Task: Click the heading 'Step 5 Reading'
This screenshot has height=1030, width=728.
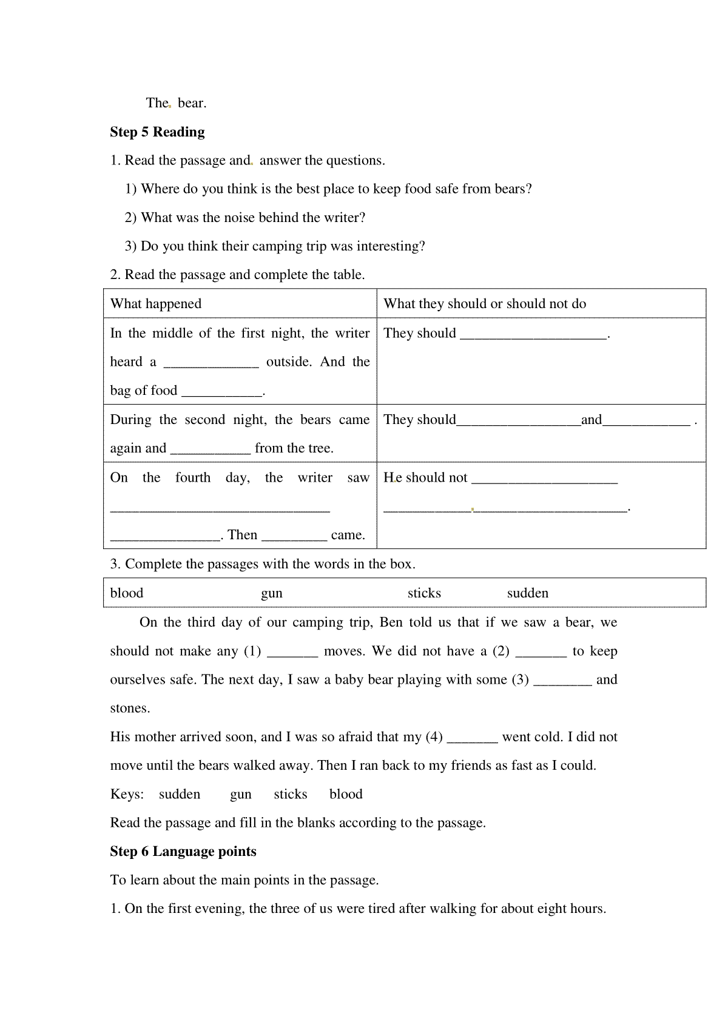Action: point(157,132)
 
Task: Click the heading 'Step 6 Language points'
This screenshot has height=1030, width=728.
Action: point(183,852)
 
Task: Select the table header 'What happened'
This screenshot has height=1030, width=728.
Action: point(156,304)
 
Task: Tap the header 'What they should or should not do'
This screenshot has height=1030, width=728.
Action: point(485,304)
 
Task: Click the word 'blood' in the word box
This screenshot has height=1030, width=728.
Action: point(127,593)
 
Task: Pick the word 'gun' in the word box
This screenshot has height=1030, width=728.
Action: point(272,593)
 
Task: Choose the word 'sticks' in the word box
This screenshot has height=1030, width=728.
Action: point(424,593)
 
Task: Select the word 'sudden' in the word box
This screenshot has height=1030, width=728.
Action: point(528,593)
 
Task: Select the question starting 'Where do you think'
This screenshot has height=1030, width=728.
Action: point(328,189)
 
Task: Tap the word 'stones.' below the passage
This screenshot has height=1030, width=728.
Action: point(130,709)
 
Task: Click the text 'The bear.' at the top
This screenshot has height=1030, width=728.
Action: point(176,103)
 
